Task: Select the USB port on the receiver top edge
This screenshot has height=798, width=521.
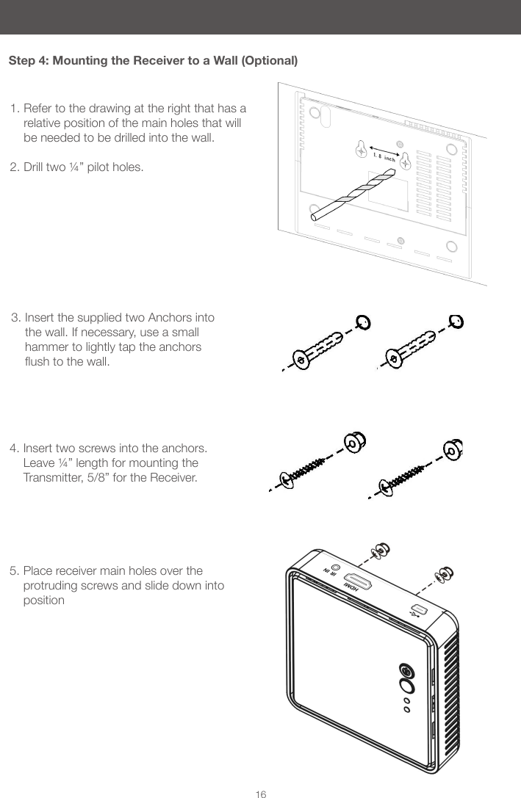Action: click(420, 609)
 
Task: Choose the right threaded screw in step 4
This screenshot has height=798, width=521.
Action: click(401, 474)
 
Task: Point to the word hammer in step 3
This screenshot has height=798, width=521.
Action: click(46, 347)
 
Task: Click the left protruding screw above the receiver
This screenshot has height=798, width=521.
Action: click(381, 550)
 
